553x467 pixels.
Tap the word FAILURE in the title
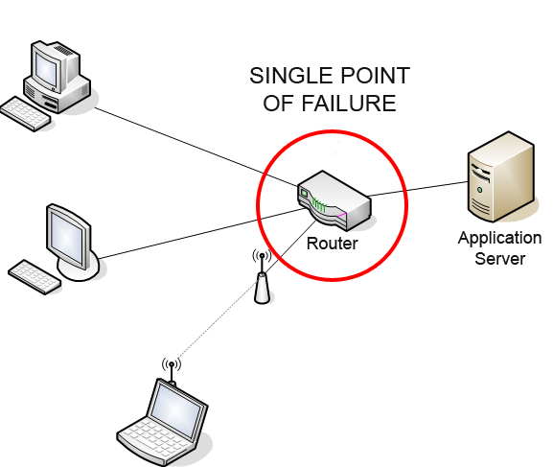(349, 104)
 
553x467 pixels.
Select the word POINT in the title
(370, 76)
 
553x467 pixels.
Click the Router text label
(333, 244)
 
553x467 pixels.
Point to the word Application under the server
(499, 239)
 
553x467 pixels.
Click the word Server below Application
(499, 259)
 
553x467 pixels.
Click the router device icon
(334, 200)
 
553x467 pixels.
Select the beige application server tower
(501, 176)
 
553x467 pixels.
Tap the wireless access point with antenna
(262, 278)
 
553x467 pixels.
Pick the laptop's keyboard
(155, 439)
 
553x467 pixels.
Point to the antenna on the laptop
(172, 371)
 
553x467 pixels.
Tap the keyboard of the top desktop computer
(25, 114)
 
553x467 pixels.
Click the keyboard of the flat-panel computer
(35, 277)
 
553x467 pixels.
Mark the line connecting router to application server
(418, 189)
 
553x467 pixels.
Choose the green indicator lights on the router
(319, 205)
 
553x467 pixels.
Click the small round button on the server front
(479, 190)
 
